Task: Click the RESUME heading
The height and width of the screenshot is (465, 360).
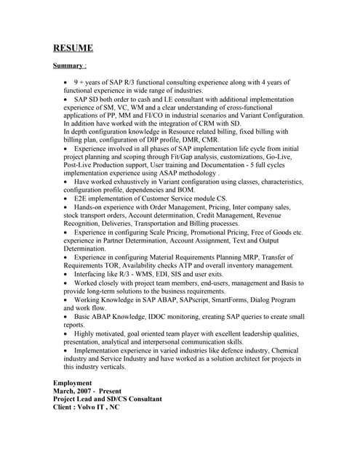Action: [73, 49]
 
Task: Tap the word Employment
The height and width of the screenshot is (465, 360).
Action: [73, 382]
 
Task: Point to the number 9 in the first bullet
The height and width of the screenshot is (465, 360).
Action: [76, 83]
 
